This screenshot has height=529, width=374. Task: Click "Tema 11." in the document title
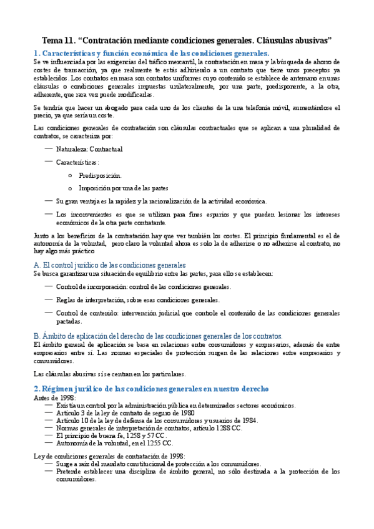[x=57, y=40]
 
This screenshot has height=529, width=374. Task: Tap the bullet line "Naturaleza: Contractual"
[x=89, y=149]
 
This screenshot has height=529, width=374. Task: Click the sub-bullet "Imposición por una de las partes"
[x=124, y=188]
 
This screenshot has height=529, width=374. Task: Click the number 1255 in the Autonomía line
[x=160, y=443]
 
